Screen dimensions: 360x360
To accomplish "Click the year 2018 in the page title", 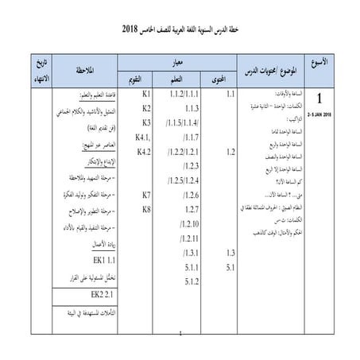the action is tap(130, 29).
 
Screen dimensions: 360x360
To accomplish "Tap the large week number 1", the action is tap(319, 102).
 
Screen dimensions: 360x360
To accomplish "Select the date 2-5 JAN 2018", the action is tap(319, 116).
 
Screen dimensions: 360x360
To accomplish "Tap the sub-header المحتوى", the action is tap(228, 78).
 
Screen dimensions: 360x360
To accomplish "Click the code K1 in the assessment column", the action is tap(146, 95).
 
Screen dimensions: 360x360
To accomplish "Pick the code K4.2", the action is tap(145, 151).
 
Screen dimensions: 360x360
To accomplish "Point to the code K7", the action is tap(146, 195).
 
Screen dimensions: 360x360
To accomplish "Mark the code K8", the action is tap(146, 209).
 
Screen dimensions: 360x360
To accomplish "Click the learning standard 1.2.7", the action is tap(190, 209).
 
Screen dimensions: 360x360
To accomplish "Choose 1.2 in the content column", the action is tap(230, 151).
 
